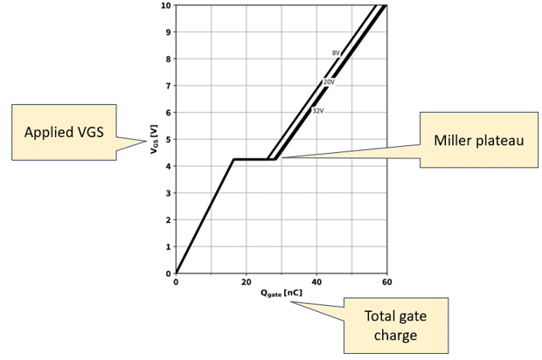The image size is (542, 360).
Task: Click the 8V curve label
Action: [336, 53]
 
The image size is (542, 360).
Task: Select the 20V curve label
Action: [329, 82]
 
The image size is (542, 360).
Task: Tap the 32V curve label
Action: [318, 111]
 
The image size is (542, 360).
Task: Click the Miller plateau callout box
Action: [479, 140]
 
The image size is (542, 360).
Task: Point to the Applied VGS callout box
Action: [64, 132]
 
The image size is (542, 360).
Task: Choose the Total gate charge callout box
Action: [396, 325]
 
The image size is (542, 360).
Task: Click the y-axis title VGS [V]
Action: [154, 139]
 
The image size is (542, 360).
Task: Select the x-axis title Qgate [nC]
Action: [281, 294]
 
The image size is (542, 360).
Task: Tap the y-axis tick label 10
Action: [166, 5]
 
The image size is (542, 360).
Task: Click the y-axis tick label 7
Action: [169, 86]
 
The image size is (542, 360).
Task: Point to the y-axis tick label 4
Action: [169, 166]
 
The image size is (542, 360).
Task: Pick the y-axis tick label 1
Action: [169, 246]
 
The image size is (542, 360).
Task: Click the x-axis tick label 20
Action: [247, 282]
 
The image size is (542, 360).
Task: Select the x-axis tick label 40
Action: [316, 282]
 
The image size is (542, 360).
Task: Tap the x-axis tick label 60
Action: [387, 282]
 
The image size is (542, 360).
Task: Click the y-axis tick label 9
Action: [169, 32]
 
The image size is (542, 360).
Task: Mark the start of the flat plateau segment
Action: [234, 159]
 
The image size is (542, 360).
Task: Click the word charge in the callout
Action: [395, 336]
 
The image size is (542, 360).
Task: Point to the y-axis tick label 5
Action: [169, 139]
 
